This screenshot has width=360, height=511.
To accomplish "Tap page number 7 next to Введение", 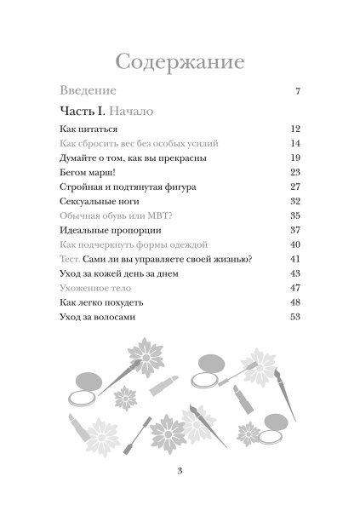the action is [298, 91].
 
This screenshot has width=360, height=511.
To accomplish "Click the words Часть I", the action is [82, 112].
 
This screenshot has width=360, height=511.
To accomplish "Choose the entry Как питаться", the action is [89, 129].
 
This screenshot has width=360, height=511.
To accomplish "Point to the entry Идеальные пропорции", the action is [111, 230].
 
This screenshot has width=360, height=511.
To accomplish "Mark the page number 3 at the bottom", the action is [180, 474].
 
